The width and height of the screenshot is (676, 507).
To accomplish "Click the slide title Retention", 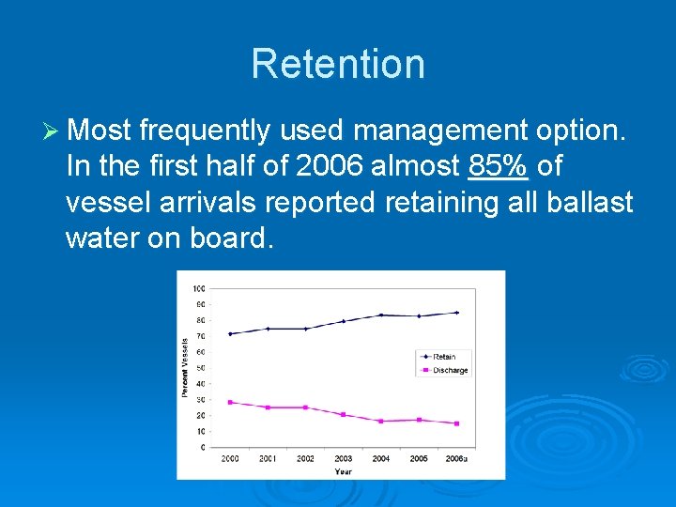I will [338, 64].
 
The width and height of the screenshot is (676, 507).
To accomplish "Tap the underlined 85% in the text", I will [499, 166].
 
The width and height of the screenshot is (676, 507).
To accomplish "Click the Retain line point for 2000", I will [230, 333].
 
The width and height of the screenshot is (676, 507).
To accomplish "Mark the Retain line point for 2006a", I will [457, 313].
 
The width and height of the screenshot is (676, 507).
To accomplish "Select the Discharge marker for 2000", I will [230, 402].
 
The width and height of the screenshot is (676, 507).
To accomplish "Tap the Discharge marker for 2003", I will [344, 414].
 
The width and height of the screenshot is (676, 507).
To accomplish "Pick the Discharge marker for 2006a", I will [457, 423].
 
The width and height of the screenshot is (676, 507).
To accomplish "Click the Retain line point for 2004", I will [381, 315].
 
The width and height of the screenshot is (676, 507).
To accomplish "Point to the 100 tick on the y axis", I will [200, 287].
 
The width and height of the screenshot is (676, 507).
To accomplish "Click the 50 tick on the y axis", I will [201, 367].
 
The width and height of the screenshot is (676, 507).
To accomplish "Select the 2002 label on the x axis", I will [306, 458].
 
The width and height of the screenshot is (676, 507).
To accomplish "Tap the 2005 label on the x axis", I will [419, 458].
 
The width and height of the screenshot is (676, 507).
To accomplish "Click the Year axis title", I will [344, 470].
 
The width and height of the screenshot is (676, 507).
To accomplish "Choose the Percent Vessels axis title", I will [185, 366].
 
